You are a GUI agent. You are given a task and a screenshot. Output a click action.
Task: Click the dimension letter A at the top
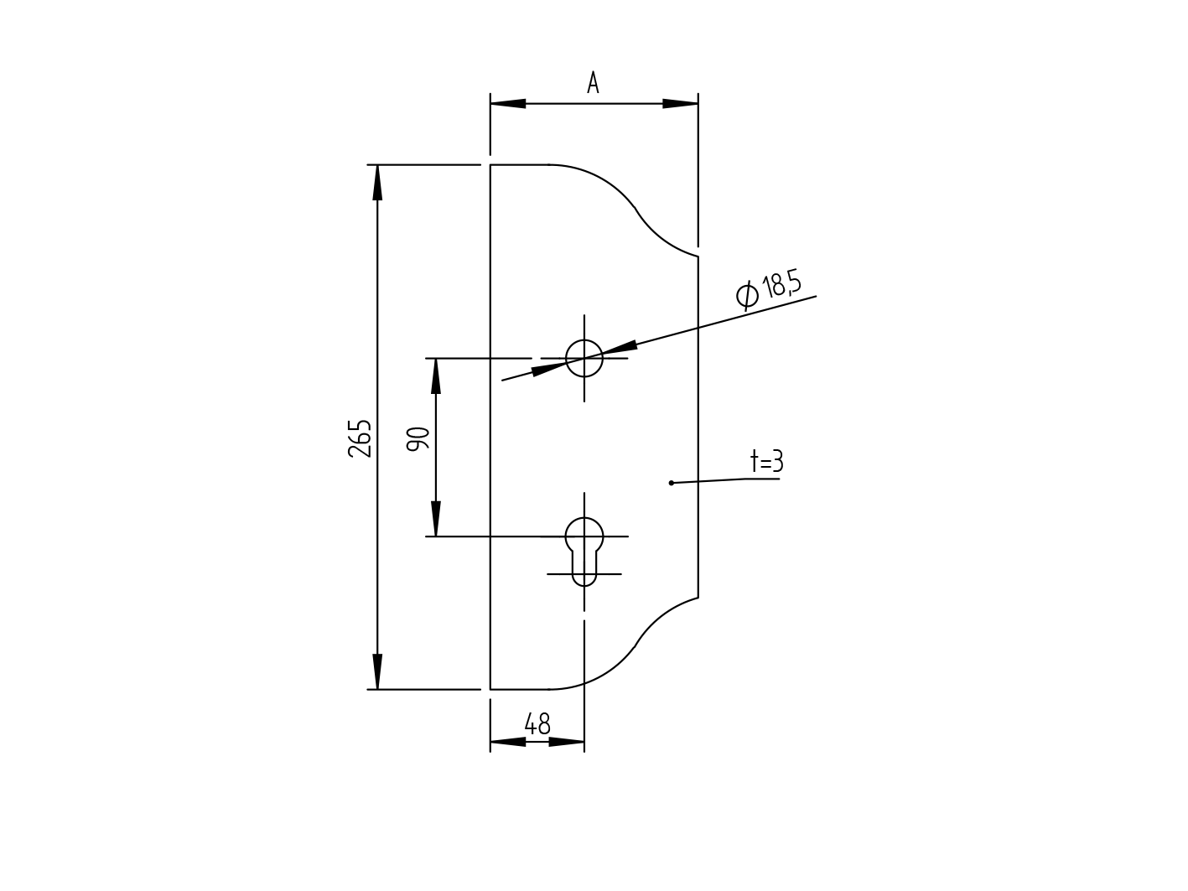pyautogui.click(x=593, y=83)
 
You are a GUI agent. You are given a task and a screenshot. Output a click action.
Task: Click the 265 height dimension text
pyautogui.click(x=360, y=438)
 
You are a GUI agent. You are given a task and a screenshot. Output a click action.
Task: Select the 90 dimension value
pyautogui.click(x=418, y=439)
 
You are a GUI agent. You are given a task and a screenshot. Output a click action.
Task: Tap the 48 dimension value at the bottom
pyautogui.click(x=537, y=724)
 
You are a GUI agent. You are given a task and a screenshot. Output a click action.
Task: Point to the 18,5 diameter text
pyautogui.click(x=781, y=285)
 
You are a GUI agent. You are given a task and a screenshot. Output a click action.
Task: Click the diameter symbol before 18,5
pyautogui.click(x=747, y=294)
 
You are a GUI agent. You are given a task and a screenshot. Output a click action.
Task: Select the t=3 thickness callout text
pyautogui.click(x=766, y=461)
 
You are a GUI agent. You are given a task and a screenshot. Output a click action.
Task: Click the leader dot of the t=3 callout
pyautogui.click(x=671, y=483)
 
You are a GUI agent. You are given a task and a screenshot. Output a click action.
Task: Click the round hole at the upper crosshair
pyautogui.click(x=584, y=358)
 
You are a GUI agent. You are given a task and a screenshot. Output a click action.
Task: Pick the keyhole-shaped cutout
pyautogui.click(x=584, y=549)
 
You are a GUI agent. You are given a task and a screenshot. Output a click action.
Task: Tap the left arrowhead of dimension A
pyautogui.click(x=508, y=104)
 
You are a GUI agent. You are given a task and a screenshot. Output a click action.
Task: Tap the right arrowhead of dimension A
pyautogui.click(x=680, y=104)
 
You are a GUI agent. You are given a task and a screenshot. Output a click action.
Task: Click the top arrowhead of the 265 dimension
pyautogui.click(x=377, y=182)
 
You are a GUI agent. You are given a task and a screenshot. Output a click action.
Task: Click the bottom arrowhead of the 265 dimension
pyautogui.click(x=377, y=672)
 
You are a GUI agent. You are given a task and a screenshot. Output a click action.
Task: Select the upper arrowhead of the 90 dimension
pyautogui.click(x=436, y=376)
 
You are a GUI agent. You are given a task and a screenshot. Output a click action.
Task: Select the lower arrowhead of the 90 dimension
pyautogui.click(x=436, y=519)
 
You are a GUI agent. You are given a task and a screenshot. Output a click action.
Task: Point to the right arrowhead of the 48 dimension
pyautogui.click(x=567, y=742)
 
